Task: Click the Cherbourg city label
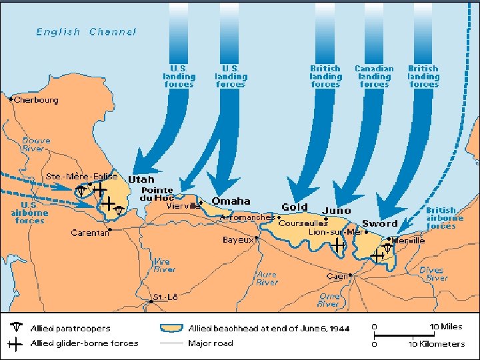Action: [x=37, y=100]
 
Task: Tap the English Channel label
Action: [x=86, y=31]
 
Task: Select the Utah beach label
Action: [x=141, y=179]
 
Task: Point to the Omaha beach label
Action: [x=231, y=201]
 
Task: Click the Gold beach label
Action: [x=295, y=207]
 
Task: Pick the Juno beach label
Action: [x=336, y=211]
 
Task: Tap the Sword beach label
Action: [x=380, y=223]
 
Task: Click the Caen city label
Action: [x=337, y=276]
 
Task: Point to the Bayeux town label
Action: [x=237, y=239]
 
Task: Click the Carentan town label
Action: [x=90, y=233]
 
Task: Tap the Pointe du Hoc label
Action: [x=157, y=194]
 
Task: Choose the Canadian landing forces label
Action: [x=374, y=77]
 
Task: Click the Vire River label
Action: [x=165, y=265]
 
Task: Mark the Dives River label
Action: [x=434, y=274]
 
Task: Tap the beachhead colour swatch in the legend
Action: [x=172, y=328]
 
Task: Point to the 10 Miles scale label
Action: [x=445, y=327]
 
